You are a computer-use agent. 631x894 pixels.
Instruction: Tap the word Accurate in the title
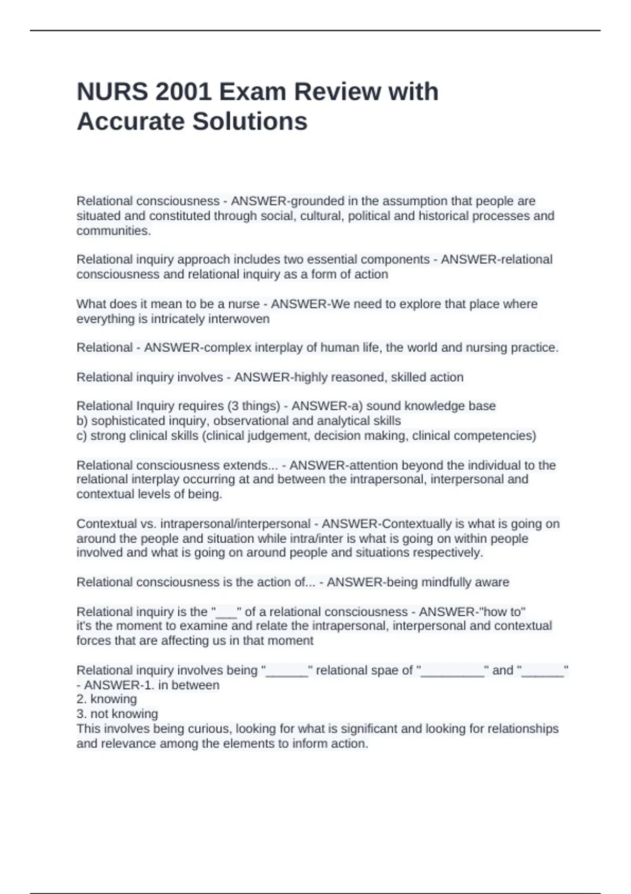click(x=130, y=121)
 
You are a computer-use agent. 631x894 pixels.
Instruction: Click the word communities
click(x=114, y=231)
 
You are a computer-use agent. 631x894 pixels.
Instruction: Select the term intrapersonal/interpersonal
click(x=235, y=524)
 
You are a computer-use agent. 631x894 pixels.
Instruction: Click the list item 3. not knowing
click(x=117, y=714)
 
